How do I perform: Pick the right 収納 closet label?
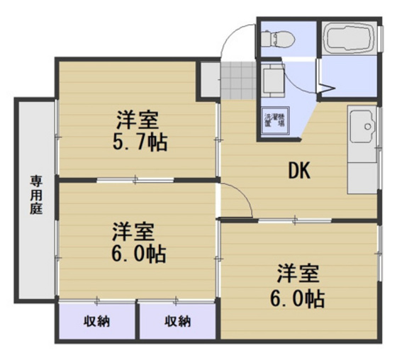coord(177,322)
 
